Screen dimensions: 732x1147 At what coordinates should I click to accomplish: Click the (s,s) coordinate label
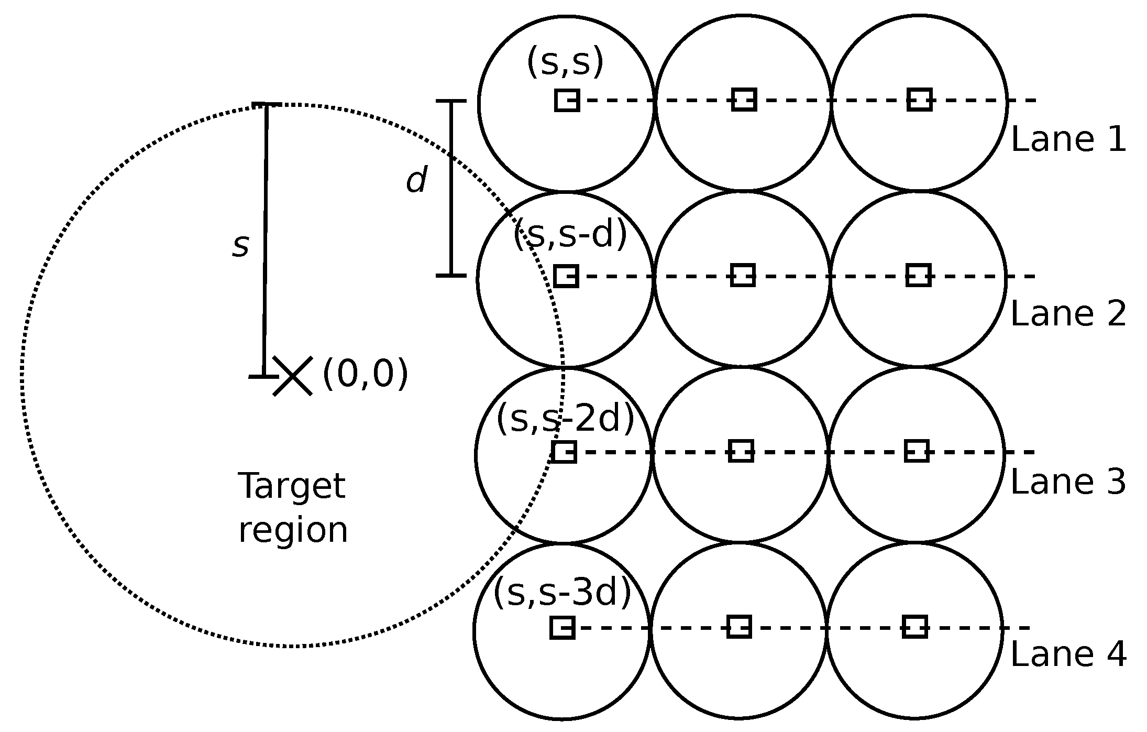pos(565,62)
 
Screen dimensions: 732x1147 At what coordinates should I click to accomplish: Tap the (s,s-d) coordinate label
pos(570,234)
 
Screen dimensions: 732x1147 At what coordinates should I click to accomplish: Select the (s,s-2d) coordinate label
pos(565,419)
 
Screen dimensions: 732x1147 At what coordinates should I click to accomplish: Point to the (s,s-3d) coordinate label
pos(563,593)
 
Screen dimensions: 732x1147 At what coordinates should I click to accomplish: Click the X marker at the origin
pos(293,376)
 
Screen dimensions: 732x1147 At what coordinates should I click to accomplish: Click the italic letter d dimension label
pos(417,181)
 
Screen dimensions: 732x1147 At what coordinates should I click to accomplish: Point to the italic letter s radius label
pos(240,246)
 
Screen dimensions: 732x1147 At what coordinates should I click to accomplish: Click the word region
pos(293,530)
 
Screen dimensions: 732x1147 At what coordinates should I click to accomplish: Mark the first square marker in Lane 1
pos(567,100)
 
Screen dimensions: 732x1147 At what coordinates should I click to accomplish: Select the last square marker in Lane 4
pos(915,627)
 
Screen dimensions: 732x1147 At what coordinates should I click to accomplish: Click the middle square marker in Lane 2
pos(743,276)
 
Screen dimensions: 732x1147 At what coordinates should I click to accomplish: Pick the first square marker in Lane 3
pos(564,452)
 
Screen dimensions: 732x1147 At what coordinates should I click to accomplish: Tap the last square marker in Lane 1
pos(919,100)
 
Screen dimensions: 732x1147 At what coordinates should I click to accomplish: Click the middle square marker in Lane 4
pos(739,627)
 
